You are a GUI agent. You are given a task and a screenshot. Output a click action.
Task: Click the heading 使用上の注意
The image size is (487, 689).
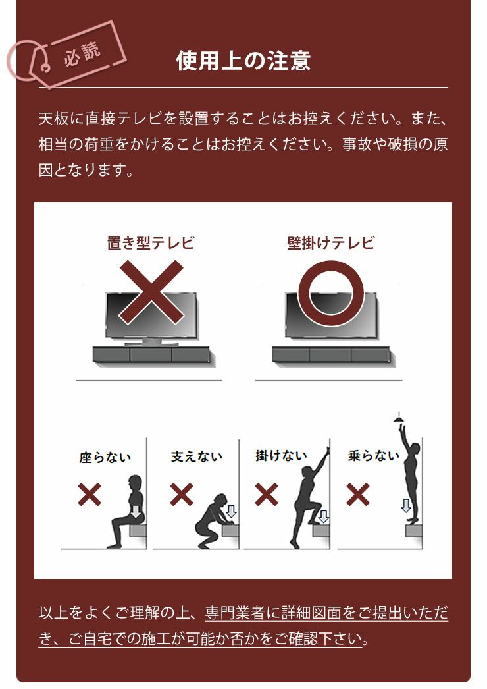[243, 61]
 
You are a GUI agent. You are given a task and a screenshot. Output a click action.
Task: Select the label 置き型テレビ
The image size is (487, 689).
[151, 243]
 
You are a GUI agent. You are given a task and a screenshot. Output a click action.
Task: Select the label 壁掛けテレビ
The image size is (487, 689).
[330, 243]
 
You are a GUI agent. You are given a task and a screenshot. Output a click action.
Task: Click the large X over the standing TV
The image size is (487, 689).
[151, 292]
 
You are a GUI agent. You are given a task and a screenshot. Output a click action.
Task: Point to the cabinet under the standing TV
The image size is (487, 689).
[151, 354]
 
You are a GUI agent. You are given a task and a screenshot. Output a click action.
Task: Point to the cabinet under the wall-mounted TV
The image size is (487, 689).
[330, 355]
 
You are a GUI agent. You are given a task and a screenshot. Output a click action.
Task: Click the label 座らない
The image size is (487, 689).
[105, 457]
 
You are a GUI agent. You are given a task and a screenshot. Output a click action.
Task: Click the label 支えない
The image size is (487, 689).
[197, 456]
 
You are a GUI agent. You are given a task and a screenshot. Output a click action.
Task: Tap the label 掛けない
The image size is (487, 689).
[281, 455]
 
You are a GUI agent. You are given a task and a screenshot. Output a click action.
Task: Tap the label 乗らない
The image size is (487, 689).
[373, 455]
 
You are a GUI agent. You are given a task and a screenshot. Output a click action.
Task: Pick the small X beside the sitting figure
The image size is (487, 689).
[90, 494]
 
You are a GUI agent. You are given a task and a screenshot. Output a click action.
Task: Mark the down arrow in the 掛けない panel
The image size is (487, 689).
[323, 516]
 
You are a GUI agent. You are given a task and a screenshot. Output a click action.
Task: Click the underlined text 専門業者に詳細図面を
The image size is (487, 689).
[281, 613]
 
